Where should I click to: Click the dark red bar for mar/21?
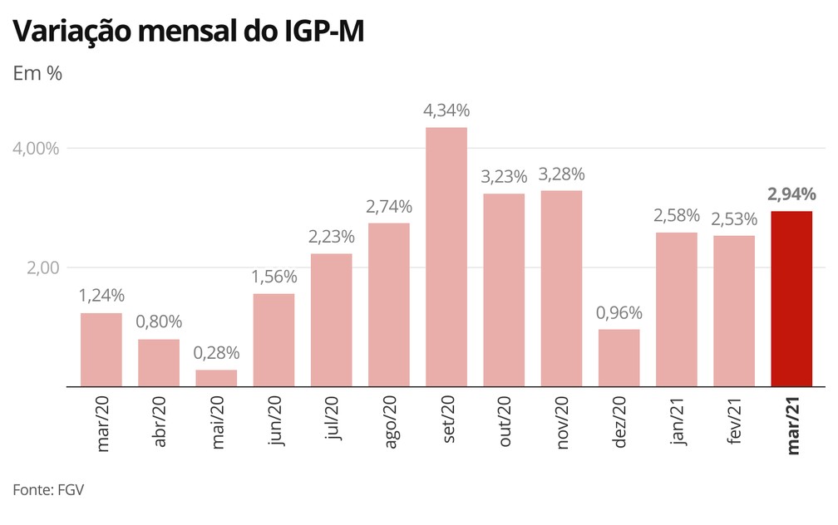coord(791,299)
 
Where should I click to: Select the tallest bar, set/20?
coord(446,258)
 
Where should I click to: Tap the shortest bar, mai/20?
coord(216,378)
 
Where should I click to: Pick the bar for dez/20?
coord(619,358)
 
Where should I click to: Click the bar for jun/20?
coord(274,340)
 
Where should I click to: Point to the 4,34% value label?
coord(446,110)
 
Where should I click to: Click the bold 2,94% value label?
coord(791,195)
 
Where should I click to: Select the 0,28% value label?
coord(216,353)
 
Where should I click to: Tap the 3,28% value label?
coord(561,174)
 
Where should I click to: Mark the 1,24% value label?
coord(101,295)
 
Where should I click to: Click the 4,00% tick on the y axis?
coord(37,149)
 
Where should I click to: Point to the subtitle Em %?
coord(37,72)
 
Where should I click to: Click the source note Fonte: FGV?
coord(48,490)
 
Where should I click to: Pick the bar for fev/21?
coord(734,311)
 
